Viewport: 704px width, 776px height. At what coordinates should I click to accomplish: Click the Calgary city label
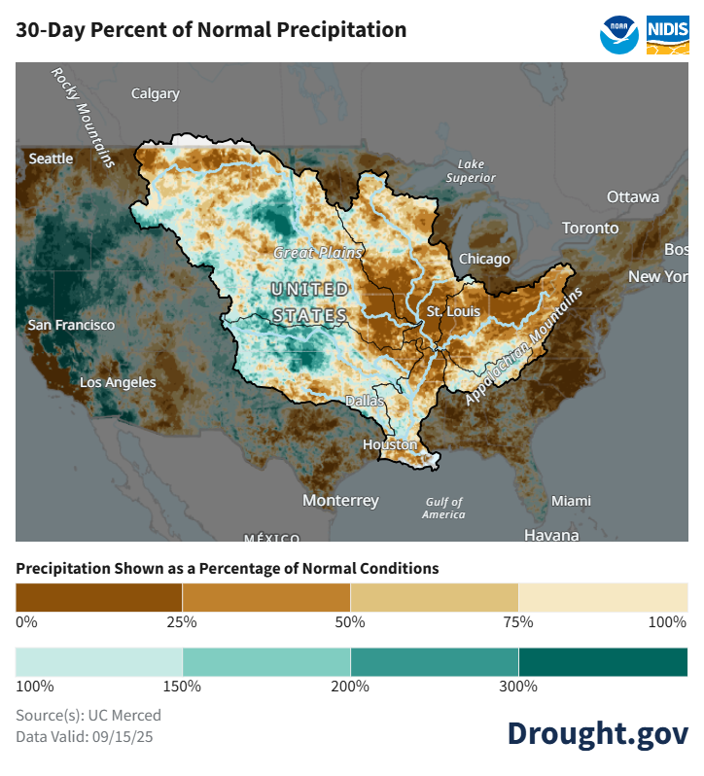tap(156, 94)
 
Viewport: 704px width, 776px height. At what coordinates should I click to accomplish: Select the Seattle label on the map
tap(51, 159)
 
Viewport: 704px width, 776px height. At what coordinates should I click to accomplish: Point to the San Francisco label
tap(71, 325)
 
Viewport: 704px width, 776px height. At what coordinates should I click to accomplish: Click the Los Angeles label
tap(117, 382)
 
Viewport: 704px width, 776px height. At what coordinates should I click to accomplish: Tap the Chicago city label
tap(483, 259)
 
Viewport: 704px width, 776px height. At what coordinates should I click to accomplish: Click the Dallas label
tap(366, 401)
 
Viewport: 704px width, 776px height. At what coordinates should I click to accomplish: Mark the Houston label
tap(389, 444)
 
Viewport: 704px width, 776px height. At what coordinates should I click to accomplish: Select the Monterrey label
tap(340, 500)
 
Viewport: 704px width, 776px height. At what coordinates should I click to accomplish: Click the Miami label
tap(571, 501)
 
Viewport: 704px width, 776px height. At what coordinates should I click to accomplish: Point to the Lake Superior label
tap(471, 171)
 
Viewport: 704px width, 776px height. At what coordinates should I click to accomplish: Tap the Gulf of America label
tap(443, 508)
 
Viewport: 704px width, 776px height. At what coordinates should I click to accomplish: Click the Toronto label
tap(589, 228)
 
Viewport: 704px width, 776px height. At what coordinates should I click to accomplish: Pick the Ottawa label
tap(633, 196)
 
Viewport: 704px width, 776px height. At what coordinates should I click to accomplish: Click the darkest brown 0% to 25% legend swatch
tap(99, 596)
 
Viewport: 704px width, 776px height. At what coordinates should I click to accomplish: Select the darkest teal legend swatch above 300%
tap(603, 661)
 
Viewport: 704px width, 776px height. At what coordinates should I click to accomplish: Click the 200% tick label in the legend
tap(350, 687)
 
